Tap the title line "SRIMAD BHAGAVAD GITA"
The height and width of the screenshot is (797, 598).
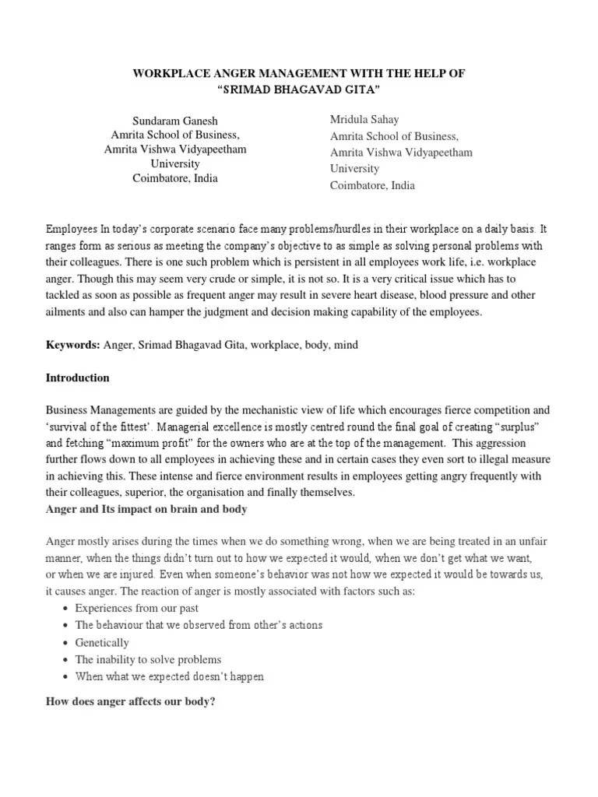click(298, 90)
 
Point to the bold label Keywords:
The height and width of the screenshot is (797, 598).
click(72, 344)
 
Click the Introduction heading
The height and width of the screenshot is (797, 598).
click(78, 377)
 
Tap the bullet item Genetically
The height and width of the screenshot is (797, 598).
click(102, 642)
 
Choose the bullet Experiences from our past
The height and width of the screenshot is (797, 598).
click(129, 608)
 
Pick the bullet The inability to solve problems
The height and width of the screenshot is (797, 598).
click(148, 659)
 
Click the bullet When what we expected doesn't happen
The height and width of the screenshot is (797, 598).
click(169, 676)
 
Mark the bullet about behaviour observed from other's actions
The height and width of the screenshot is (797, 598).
click(188, 625)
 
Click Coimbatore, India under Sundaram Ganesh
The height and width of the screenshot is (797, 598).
click(175, 178)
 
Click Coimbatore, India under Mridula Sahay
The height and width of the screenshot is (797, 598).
click(372, 185)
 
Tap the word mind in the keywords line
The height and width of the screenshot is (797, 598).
click(346, 344)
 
